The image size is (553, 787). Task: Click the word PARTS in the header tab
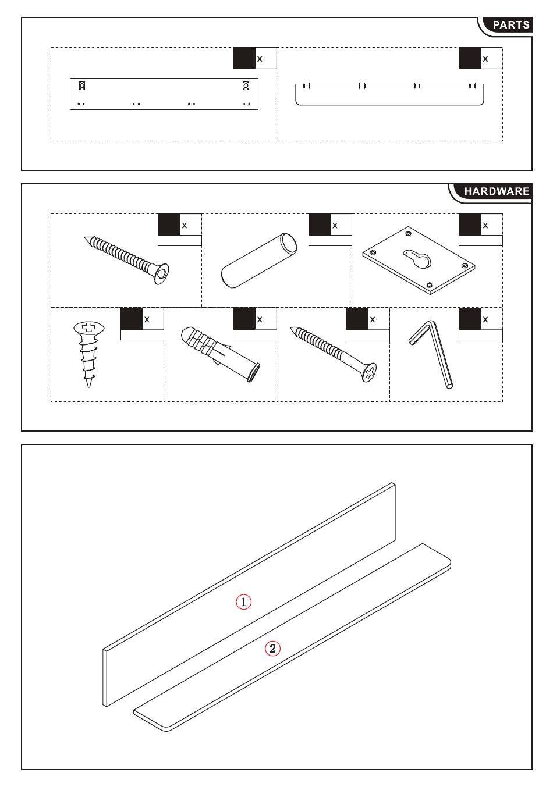tap(511, 25)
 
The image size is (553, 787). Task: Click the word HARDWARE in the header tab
tap(497, 191)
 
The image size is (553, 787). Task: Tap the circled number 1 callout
tap(243, 602)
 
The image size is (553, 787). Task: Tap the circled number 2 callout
tap(272, 649)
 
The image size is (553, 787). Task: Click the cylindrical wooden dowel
tap(259, 261)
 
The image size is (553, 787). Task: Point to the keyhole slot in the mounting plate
tap(417, 259)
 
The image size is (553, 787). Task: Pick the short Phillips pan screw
tap(88, 354)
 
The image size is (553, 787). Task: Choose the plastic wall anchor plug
tap(221, 354)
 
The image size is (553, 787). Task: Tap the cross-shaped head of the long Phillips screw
tap(370, 372)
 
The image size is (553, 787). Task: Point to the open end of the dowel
tap(288, 242)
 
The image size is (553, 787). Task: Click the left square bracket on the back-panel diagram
tap(82, 86)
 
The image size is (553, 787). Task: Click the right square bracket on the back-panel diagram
tap(246, 86)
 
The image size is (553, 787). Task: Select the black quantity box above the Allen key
tap(470, 318)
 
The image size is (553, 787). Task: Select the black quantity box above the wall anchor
tap(244, 318)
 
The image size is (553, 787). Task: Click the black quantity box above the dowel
tap(320, 225)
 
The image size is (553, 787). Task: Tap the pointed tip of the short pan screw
tap(88, 386)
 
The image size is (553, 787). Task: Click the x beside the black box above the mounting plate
tap(485, 226)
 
